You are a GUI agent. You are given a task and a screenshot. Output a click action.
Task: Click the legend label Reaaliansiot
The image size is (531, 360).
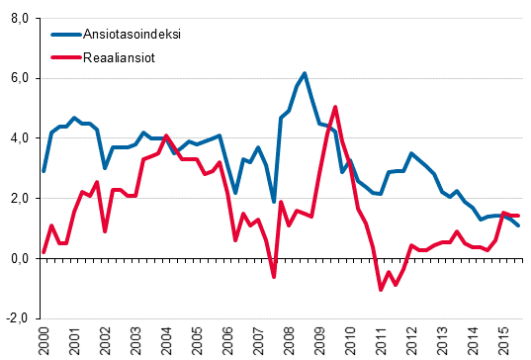coord(126,57)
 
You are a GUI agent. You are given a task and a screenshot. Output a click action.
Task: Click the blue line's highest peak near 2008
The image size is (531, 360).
coord(305,73)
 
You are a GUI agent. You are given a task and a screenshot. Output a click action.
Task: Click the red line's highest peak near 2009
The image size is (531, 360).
coord(335,107)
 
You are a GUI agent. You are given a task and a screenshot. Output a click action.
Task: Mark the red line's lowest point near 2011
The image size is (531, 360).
coord(381,290)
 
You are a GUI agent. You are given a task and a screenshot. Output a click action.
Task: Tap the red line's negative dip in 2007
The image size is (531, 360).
coord(274,277)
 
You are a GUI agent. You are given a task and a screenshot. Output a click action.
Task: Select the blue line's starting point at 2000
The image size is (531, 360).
coord(44,171)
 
